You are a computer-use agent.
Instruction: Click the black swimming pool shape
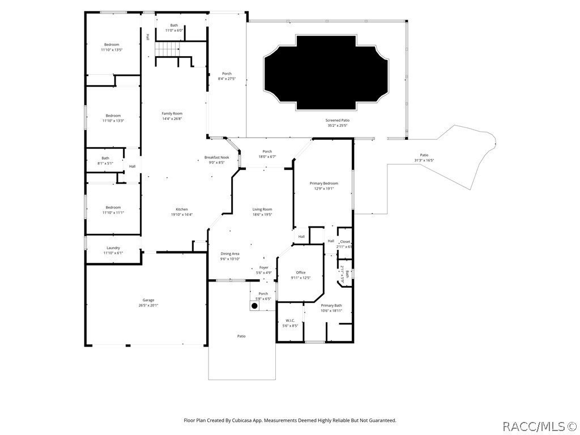pyautogui.click(x=326, y=72)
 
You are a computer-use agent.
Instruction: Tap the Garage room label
pyautogui.click(x=148, y=300)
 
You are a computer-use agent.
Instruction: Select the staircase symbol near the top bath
pyautogui.click(x=167, y=50)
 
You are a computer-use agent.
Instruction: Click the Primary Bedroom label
pyautogui.click(x=323, y=184)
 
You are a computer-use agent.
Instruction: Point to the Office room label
pyautogui.click(x=300, y=272)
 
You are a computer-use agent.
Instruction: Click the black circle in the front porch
pyautogui.click(x=254, y=306)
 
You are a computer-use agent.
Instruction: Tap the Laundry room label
pyautogui.click(x=113, y=248)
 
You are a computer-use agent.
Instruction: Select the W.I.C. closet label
pyautogui.click(x=289, y=321)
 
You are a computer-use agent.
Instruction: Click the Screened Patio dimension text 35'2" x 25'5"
pyautogui.click(x=337, y=125)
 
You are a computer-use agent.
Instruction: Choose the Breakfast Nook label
pyautogui.click(x=216, y=157)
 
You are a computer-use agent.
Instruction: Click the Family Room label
pyautogui.click(x=172, y=113)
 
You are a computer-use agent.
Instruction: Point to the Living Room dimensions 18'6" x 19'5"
pyautogui.click(x=262, y=215)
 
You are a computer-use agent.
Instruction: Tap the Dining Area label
pyautogui.click(x=230, y=254)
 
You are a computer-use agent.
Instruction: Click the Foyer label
pyautogui.click(x=264, y=267)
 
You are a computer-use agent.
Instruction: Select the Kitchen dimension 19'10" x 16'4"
pyautogui.click(x=182, y=215)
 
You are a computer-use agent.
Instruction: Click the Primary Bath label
pyautogui.click(x=331, y=305)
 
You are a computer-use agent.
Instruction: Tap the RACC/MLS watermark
pyautogui.click(x=539, y=425)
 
